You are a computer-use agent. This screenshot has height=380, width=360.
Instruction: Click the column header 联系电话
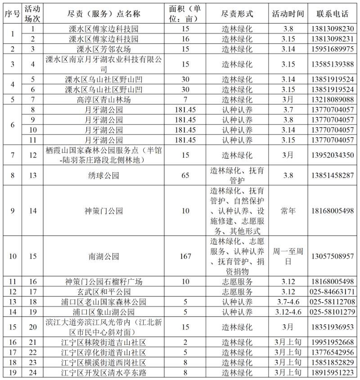tap(333, 13)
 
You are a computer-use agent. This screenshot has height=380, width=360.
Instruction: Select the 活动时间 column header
tap(288, 13)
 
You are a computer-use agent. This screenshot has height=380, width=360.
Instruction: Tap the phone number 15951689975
tap(333, 49)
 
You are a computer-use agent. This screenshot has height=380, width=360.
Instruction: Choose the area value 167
tap(185, 256)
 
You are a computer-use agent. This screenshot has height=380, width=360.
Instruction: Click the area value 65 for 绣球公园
tap(185, 175)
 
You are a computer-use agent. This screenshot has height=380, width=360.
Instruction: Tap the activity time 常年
tap(288, 210)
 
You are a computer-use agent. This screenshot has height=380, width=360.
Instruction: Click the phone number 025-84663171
tap(333, 291)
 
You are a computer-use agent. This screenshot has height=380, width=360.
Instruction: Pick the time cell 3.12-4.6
tap(288, 312)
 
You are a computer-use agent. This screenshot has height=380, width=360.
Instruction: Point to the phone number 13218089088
tap(333, 99)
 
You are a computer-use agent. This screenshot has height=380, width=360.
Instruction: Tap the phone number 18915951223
tap(333, 372)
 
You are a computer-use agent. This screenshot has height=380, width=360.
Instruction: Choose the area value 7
tap(185, 99)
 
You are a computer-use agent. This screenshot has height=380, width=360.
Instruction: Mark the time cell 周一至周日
tap(288, 256)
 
